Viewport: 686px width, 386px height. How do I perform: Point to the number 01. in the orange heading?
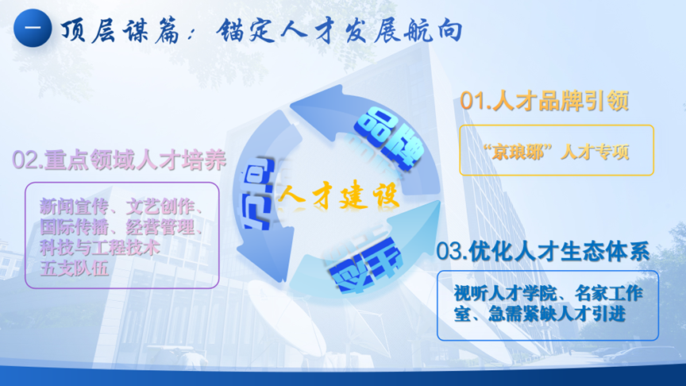click(x=476, y=102)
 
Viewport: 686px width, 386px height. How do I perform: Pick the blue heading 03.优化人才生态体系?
click(x=543, y=252)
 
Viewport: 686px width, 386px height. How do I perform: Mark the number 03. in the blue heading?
click(x=451, y=252)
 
